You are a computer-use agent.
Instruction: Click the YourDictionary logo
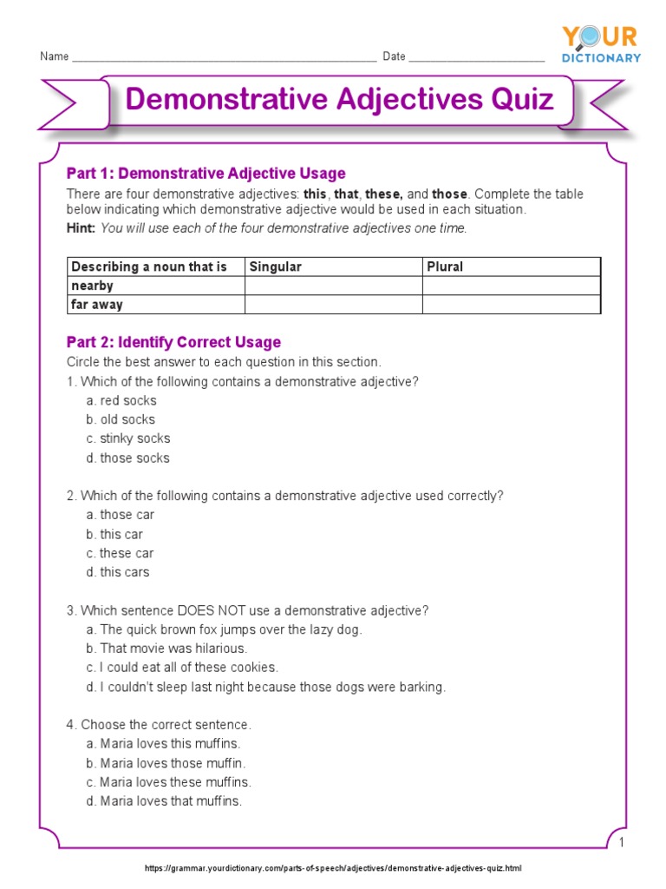[601, 43]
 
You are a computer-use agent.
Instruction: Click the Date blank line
[476, 59]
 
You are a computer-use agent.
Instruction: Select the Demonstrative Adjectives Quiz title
[339, 99]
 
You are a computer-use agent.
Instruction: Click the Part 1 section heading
[206, 174]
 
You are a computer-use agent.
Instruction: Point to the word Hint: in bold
[82, 228]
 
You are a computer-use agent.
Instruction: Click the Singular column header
[275, 267]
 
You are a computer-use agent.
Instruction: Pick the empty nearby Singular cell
[333, 286]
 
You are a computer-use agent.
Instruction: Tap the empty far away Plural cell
[511, 305]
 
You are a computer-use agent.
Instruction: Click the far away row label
[97, 305]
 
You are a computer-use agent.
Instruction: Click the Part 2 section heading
[173, 342]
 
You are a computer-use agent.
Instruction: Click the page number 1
[622, 843]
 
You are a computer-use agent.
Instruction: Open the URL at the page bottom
[333, 868]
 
